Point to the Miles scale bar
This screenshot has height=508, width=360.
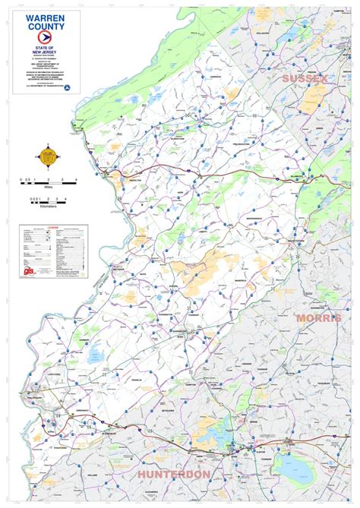46,181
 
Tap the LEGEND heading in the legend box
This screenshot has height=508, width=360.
52,227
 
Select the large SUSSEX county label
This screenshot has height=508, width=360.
305,78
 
